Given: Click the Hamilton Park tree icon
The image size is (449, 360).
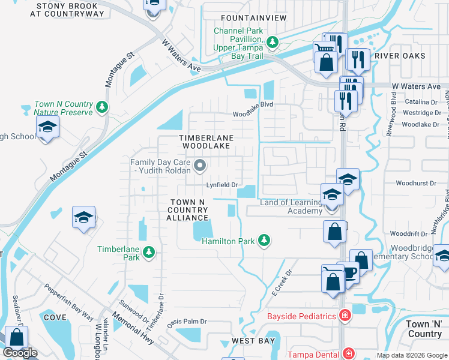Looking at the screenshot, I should [x=263, y=241].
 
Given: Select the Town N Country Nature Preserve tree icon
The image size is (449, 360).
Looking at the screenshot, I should [x=103, y=107].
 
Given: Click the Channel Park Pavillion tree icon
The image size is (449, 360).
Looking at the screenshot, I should [x=273, y=42].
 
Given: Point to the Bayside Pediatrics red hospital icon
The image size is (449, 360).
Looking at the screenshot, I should [x=345, y=315].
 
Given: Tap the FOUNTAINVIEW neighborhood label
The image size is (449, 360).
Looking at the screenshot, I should [x=254, y=18].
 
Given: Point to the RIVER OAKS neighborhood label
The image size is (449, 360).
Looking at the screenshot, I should [x=400, y=56].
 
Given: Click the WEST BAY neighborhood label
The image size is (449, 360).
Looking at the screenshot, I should [x=253, y=341].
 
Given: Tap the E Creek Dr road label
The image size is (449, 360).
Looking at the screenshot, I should [x=280, y=281].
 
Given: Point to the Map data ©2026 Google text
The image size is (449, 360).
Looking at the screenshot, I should [x=411, y=355].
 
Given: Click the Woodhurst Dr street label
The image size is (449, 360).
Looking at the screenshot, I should [x=415, y=184].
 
